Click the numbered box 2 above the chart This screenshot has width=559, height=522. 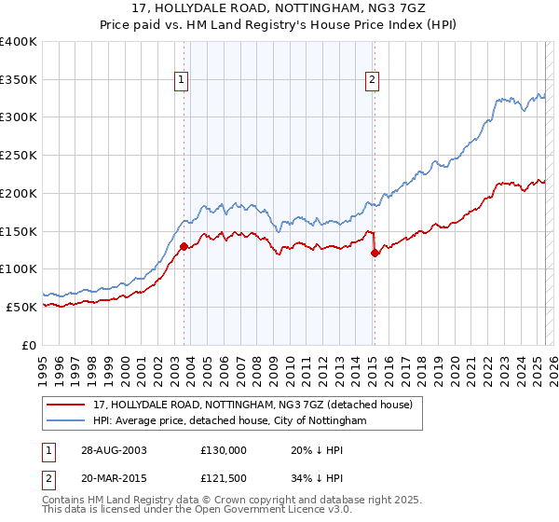click(x=372, y=80)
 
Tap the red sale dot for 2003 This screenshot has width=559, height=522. click(x=184, y=246)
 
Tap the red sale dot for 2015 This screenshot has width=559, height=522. click(x=375, y=253)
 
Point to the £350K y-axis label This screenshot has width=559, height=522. click(x=19, y=79)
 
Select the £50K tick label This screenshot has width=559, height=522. click(x=22, y=307)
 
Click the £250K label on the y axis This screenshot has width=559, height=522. click(x=19, y=156)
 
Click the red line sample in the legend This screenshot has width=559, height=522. click(x=65, y=405)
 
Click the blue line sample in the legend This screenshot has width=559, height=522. click(x=65, y=420)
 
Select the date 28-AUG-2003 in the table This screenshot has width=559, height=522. click(x=114, y=449)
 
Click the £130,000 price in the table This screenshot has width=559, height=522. click(x=224, y=449)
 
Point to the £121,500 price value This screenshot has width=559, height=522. click(x=224, y=478)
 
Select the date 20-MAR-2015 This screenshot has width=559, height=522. click(x=114, y=478)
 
